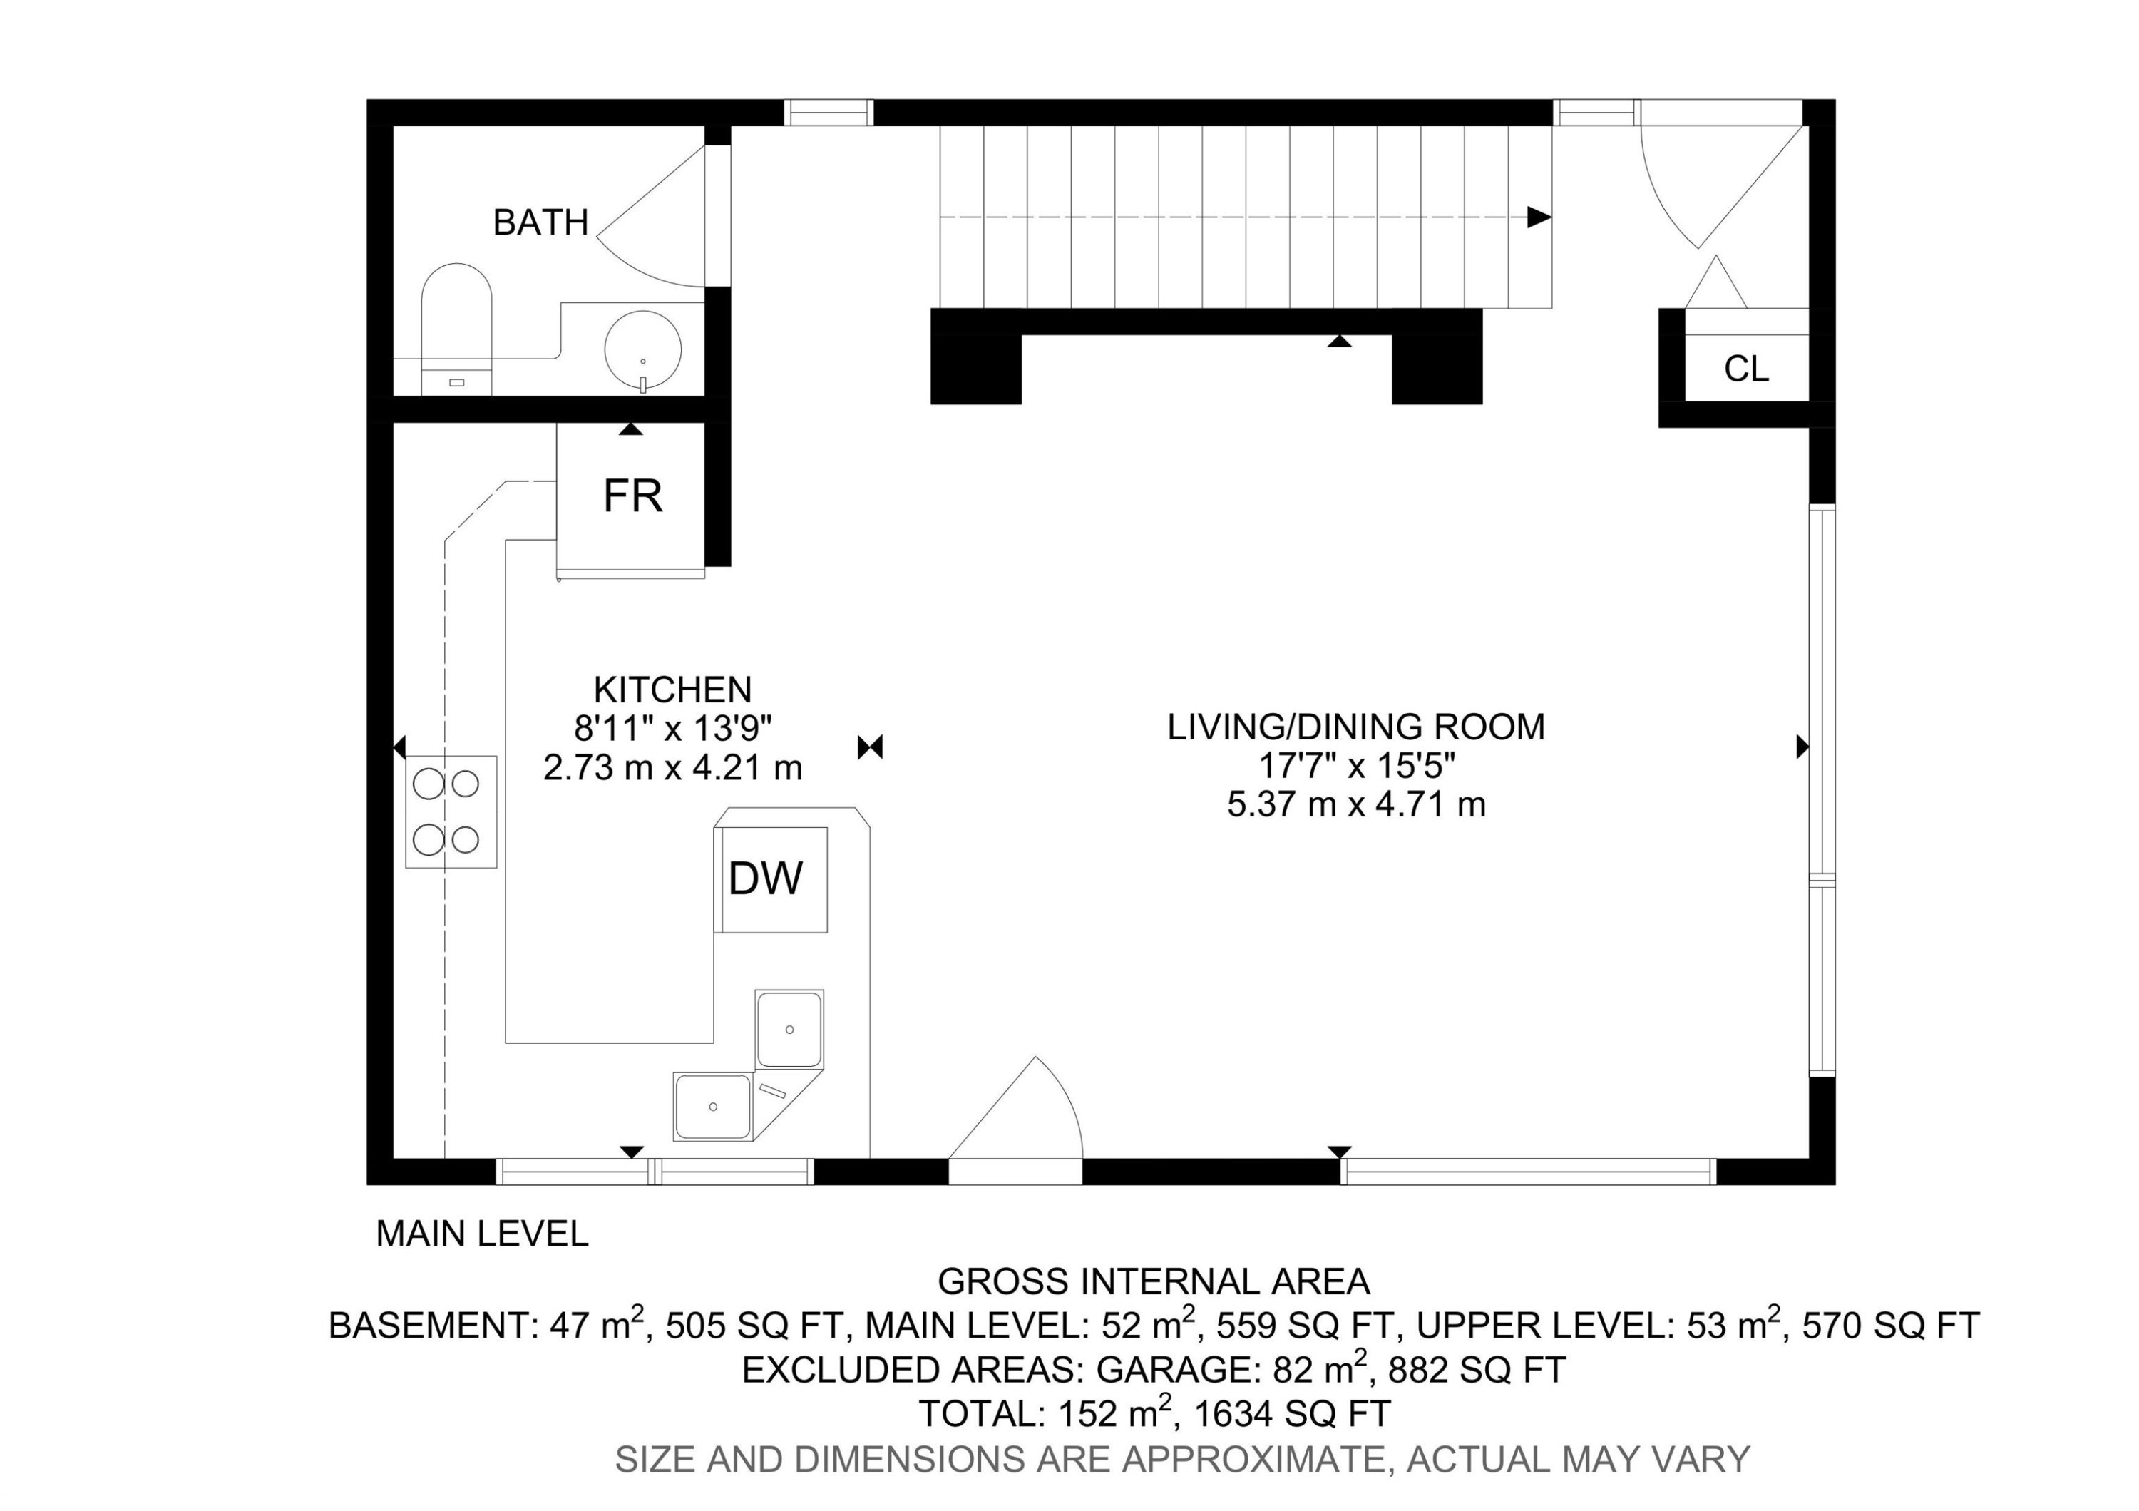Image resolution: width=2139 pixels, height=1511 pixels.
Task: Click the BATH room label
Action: click(x=540, y=222)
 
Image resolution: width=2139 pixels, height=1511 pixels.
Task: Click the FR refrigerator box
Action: click(x=632, y=496)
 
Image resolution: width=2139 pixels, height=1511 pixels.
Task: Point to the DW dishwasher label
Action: click(x=765, y=879)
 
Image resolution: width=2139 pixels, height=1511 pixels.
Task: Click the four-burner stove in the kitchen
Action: click(x=450, y=811)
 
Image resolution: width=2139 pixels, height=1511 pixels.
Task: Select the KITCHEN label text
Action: click(x=672, y=690)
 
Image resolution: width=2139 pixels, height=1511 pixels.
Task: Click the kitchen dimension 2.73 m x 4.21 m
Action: click(x=672, y=767)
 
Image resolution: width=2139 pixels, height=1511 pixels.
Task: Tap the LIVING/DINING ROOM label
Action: click(x=1355, y=727)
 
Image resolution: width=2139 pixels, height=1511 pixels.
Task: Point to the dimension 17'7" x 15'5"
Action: click(x=1355, y=766)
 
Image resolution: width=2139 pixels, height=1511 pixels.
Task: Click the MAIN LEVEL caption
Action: click(x=482, y=1234)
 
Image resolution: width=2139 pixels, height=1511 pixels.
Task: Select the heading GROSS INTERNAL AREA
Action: click(x=1154, y=1282)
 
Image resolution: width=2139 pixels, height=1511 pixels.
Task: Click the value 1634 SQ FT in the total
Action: click(x=1292, y=1414)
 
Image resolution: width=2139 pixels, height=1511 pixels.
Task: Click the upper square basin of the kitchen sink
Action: click(x=789, y=1028)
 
